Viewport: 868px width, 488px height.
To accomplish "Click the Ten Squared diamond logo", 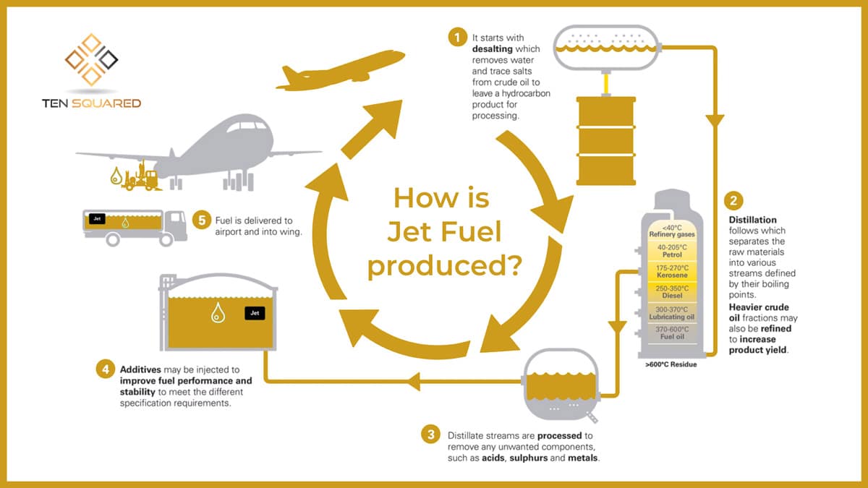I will tap(91, 59).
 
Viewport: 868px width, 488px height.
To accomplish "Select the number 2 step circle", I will tap(737, 200).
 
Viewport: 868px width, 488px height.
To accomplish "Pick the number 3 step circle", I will tap(431, 435).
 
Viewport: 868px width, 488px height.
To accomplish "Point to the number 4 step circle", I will tap(106, 369).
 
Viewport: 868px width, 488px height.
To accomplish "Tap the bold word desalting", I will tap(492, 49).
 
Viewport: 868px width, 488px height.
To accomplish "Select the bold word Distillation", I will tap(752, 220).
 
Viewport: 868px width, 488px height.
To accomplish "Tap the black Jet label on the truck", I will tap(95, 216).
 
